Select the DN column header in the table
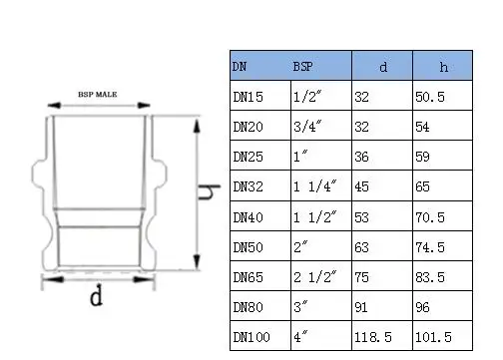pos(241,67)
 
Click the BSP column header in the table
pos(301,67)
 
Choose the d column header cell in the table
pos(383,67)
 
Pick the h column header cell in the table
pos(444,67)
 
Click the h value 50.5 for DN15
pos(432,99)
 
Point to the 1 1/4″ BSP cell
pos(314,186)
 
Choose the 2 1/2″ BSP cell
pos(314,277)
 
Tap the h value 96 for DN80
pos(426,308)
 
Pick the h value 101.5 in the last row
pos(435,338)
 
